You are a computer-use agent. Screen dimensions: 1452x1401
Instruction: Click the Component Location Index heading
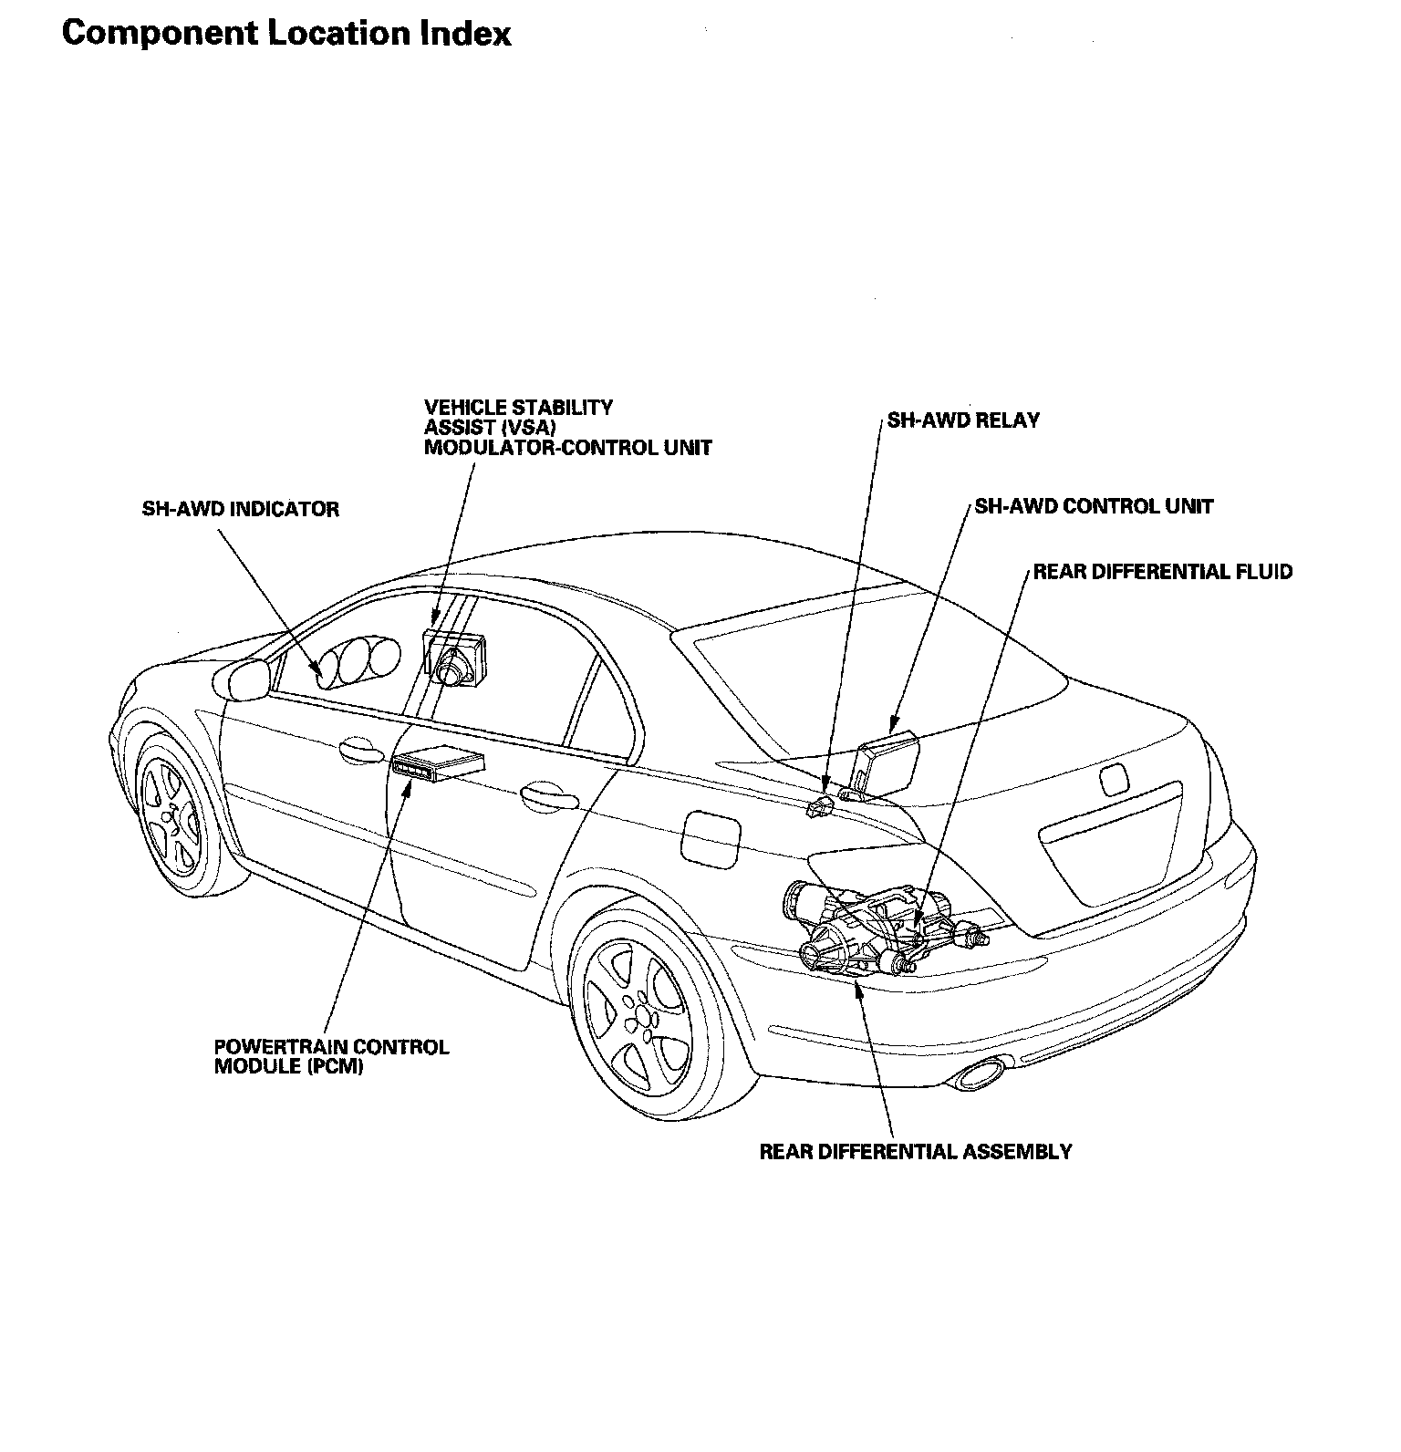point(285,34)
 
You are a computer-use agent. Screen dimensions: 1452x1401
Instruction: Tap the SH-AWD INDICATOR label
point(240,509)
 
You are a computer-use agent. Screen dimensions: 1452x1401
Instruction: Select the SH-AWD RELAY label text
point(963,421)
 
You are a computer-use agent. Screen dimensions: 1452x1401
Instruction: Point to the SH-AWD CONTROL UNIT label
point(1094,506)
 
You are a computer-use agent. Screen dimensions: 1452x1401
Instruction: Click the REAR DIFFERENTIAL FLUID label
point(1162,572)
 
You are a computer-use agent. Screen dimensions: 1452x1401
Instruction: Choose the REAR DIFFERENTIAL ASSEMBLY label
point(916,1151)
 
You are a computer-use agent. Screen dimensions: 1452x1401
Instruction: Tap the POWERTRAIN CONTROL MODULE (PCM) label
point(331,1056)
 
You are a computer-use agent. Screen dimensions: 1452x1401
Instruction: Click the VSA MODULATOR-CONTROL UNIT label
point(567,427)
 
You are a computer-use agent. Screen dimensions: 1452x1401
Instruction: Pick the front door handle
point(360,751)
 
